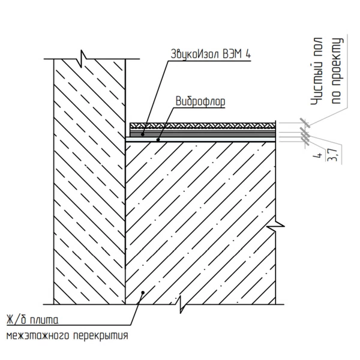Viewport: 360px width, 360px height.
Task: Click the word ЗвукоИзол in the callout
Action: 195,55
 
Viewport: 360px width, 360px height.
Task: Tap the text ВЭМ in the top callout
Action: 232,54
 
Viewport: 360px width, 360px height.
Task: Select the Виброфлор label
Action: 200,101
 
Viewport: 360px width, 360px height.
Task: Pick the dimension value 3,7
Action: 332,155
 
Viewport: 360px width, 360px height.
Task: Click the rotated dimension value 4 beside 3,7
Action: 318,156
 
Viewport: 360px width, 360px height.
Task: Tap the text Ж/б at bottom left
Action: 16,320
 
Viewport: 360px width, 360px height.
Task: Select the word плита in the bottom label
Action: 44,320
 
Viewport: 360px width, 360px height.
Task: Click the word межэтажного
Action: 38,336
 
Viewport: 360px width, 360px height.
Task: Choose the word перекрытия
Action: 101,336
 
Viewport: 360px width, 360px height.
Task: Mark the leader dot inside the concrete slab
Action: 143,293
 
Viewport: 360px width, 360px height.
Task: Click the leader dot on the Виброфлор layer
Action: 158,139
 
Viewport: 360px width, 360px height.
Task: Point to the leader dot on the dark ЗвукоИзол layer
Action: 143,134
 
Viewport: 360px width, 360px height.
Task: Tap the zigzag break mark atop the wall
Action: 82,59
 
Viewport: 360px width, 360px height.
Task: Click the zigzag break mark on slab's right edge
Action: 275,226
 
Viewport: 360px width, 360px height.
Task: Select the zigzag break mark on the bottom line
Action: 181,304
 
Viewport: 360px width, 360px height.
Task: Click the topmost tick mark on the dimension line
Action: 305,123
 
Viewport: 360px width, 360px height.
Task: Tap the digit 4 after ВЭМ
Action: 247,54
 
